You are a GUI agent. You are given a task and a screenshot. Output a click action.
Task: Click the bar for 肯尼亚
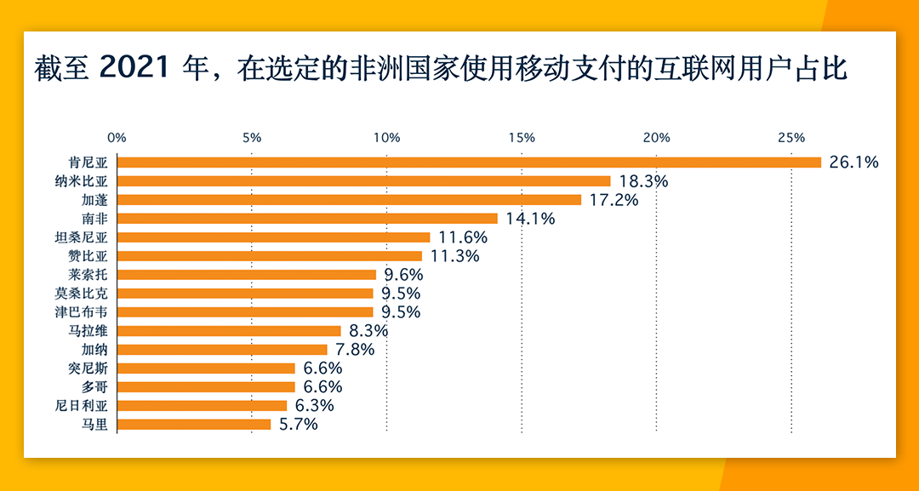pyautogui.click(x=469, y=162)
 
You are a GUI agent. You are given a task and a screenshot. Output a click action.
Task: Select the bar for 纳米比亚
pyautogui.click(x=364, y=180)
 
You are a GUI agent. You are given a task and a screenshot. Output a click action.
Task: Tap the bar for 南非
pyautogui.click(x=307, y=218)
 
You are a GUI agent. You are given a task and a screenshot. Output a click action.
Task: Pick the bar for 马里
pyautogui.click(x=194, y=424)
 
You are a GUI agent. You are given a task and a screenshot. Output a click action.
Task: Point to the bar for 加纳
pyautogui.click(x=222, y=349)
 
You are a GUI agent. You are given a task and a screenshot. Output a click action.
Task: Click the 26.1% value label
pyautogui.click(x=853, y=162)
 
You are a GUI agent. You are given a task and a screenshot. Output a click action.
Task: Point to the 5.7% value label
pyautogui.click(x=298, y=424)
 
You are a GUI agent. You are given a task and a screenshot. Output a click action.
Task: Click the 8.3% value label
pyautogui.click(x=368, y=330)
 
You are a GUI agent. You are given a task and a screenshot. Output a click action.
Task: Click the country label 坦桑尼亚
pyautogui.click(x=88, y=237)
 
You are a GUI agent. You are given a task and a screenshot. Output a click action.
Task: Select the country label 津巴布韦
pyautogui.click(x=88, y=311)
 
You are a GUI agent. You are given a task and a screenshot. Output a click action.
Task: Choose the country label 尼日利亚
pyautogui.click(x=88, y=405)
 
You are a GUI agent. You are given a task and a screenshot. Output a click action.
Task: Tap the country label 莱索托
pyautogui.click(x=94, y=274)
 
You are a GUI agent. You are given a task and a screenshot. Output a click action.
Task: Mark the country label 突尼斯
pyautogui.click(x=94, y=368)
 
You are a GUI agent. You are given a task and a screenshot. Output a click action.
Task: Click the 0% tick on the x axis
pyautogui.click(x=117, y=138)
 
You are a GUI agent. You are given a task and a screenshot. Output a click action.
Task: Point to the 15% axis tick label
pyautogui.click(x=522, y=138)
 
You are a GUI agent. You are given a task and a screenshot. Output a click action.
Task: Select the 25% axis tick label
pyautogui.click(x=791, y=138)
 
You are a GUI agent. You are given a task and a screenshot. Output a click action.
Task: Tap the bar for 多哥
pyautogui.click(x=206, y=386)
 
